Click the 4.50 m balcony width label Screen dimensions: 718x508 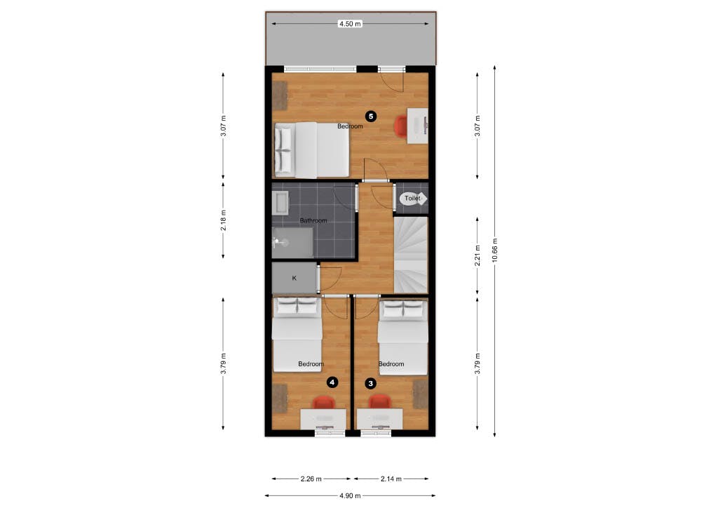[350, 24]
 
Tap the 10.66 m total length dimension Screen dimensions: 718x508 [494, 250]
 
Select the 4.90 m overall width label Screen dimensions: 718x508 [350, 495]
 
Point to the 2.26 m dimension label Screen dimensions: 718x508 [311, 479]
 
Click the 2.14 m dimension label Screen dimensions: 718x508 [391, 479]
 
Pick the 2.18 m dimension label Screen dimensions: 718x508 [224, 220]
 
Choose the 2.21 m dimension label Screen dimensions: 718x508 [477, 255]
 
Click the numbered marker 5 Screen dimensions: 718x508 [370, 116]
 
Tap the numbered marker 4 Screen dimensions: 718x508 [332, 382]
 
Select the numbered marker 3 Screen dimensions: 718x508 [370, 383]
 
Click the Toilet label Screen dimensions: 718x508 [412, 199]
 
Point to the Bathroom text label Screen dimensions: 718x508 [313, 220]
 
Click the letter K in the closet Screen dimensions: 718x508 [294, 278]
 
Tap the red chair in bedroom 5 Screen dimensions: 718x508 [400, 126]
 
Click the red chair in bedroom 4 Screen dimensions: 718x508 [324, 402]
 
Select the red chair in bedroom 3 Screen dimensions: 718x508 [380, 402]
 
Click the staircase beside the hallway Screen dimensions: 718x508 [411, 255]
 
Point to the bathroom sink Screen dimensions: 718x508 [280, 203]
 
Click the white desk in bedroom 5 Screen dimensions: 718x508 [418, 126]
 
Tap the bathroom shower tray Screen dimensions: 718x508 [292, 242]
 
